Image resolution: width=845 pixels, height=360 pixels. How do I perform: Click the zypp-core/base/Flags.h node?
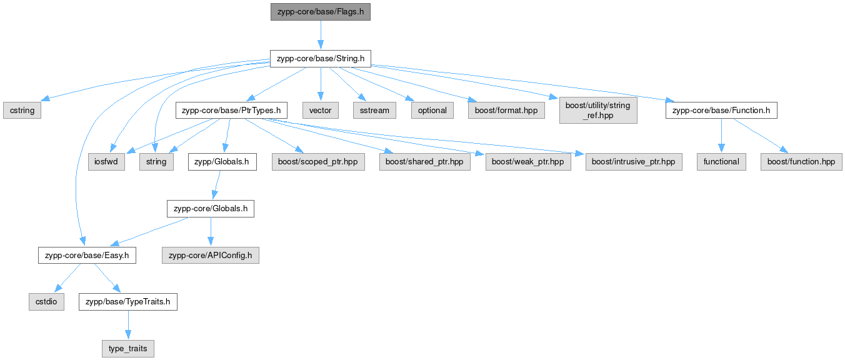pyautogui.click(x=320, y=12)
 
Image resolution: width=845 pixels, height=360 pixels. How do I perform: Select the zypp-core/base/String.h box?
pyautogui.click(x=320, y=59)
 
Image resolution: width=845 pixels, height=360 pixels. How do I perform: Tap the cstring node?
pyautogui.click(x=22, y=110)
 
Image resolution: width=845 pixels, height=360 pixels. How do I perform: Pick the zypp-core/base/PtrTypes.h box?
pyautogui.click(x=231, y=110)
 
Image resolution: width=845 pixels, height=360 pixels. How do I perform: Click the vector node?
pyautogui.click(x=320, y=110)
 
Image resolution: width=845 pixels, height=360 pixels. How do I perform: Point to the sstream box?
pyautogui.click(x=374, y=110)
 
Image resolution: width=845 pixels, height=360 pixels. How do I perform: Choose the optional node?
pyautogui.click(x=432, y=110)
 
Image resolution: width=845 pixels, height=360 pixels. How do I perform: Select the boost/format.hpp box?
pyautogui.click(x=506, y=110)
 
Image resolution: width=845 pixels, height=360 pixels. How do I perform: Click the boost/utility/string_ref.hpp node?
pyautogui.click(x=598, y=110)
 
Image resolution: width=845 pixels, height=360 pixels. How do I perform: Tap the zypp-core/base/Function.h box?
pyautogui.click(x=721, y=110)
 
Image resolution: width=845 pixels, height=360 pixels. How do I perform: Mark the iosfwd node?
pyautogui.click(x=106, y=161)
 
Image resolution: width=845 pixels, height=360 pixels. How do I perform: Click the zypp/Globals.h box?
pyautogui.click(x=222, y=161)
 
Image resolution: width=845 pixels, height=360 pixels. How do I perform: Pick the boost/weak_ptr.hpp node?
pyautogui.click(x=528, y=161)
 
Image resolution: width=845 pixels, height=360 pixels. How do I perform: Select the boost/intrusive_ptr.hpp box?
pyautogui.click(x=634, y=161)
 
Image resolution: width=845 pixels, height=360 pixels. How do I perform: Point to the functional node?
pyautogui.click(x=721, y=161)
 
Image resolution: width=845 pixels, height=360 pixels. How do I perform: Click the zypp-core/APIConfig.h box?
pyautogui.click(x=211, y=255)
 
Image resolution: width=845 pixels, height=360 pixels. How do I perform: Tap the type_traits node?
pyautogui.click(x=128, y=348)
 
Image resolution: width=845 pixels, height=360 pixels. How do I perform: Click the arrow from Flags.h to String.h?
pyautogui.click(x=321, y=35)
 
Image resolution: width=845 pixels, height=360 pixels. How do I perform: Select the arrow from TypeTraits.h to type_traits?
pyautogui.click(x=128, y=325)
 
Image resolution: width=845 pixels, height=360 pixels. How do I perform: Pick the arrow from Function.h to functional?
pyautogui.click(x=722, y=136)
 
